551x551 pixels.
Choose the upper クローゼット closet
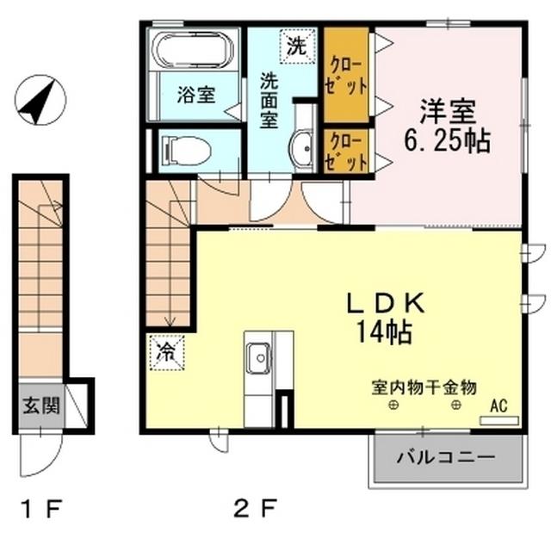tap(346, 76)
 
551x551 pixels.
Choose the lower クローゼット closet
tap(346, 152)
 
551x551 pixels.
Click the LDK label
tap(387, 304)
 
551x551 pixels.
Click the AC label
tap(497, 405)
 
